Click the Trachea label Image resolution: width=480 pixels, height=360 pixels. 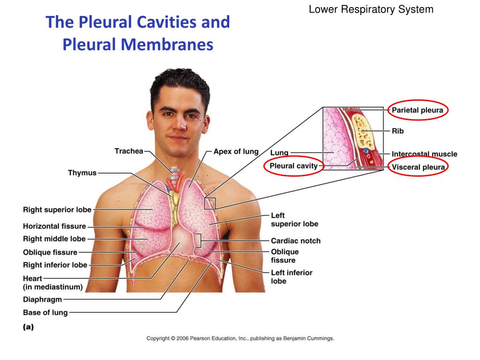129,151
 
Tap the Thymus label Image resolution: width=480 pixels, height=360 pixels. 82,172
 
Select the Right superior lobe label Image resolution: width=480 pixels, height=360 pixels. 57,210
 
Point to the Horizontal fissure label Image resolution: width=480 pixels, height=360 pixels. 54,226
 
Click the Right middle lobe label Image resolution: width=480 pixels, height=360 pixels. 54,239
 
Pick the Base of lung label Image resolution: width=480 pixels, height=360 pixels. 45,313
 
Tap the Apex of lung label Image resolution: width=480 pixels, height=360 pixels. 236,151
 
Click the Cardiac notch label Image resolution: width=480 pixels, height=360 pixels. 296,241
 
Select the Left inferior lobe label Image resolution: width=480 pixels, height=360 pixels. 292,277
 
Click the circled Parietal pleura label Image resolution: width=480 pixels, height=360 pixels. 418,110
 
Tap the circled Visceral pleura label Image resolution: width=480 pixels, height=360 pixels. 418,167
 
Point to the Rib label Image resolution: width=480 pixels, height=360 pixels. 397,131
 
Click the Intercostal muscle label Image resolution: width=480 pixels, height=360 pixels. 424,154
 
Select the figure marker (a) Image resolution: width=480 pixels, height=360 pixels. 28,328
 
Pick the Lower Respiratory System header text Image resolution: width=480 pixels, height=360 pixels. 371,9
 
